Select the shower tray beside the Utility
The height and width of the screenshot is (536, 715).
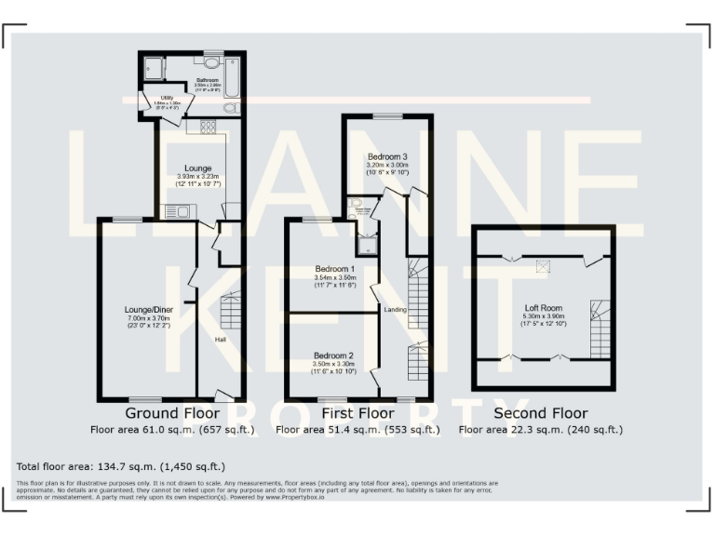pos(152,68)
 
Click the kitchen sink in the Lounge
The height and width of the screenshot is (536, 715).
pos(177,211)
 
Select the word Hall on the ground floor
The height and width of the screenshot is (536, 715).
pos(221,340)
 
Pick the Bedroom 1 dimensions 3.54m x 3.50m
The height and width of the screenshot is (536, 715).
pos(335,279)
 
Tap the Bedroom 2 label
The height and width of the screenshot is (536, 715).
pos(334,355)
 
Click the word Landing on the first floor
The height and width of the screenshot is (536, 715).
pos(396,309)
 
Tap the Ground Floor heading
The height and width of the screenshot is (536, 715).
pos(172,412)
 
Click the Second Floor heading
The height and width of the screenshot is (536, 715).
pos(540,412)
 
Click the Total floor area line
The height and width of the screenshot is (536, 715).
pos(121,465)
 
